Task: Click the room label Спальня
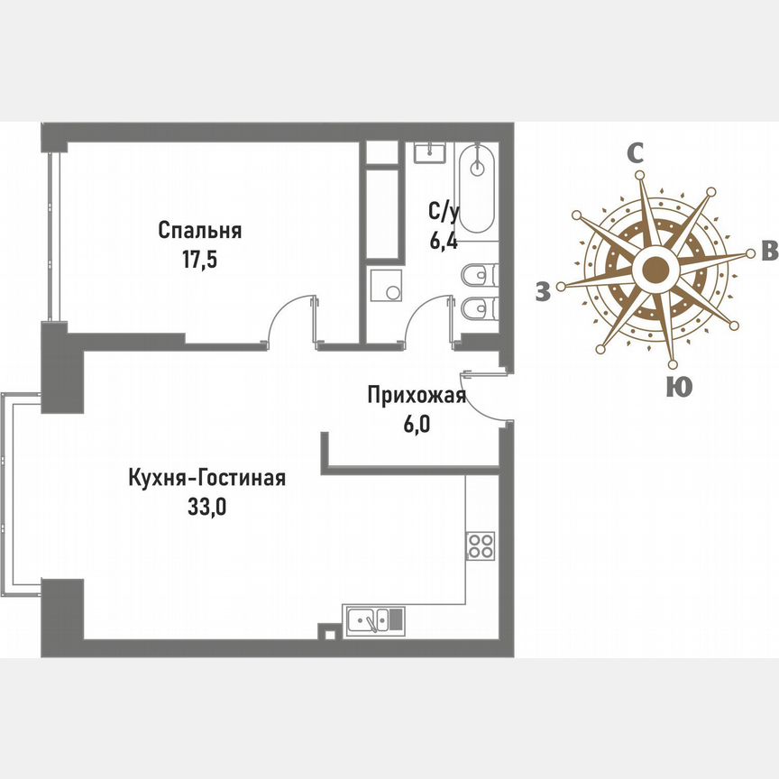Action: click(199, 230)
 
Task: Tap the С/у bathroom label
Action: click(443, 213)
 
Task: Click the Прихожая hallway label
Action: click(416, 394)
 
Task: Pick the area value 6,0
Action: click(417, 424)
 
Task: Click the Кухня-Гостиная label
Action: click(206, 477)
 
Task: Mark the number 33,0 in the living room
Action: click(206, 506)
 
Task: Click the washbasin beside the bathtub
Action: click(430, 151)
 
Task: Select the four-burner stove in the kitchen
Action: click(480, 545)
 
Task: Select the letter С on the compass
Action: click(635, 154)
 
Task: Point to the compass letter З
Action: click(542, 291)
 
